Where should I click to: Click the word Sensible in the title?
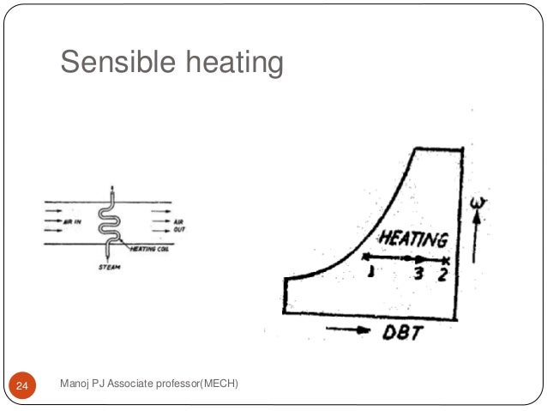(x=111, y=62)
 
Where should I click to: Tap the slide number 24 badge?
(x=22, y=389)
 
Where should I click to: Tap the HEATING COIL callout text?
(x=152, y=250)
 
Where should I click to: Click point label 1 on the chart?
(x=370, y=272)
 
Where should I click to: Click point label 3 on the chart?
(x=418, y=273)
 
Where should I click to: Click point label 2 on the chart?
(x=442, y=274)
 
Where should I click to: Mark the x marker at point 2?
(x=447, y=258)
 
